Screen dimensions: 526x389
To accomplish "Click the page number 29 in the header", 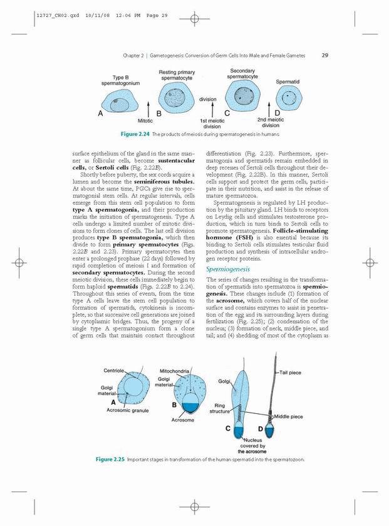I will click(325, 55).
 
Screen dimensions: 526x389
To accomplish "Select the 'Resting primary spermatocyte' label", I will click(177, 75).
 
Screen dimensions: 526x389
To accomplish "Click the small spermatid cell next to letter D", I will click(289, 98).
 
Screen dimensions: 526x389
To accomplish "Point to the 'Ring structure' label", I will click(220, 409).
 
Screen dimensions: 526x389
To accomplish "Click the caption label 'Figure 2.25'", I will click(110, 460).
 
